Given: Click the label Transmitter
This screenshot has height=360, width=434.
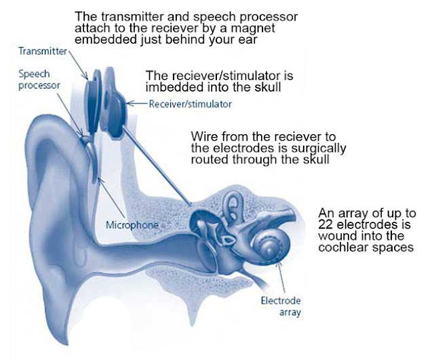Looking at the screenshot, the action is pyautogui.click(x=43, y=50).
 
